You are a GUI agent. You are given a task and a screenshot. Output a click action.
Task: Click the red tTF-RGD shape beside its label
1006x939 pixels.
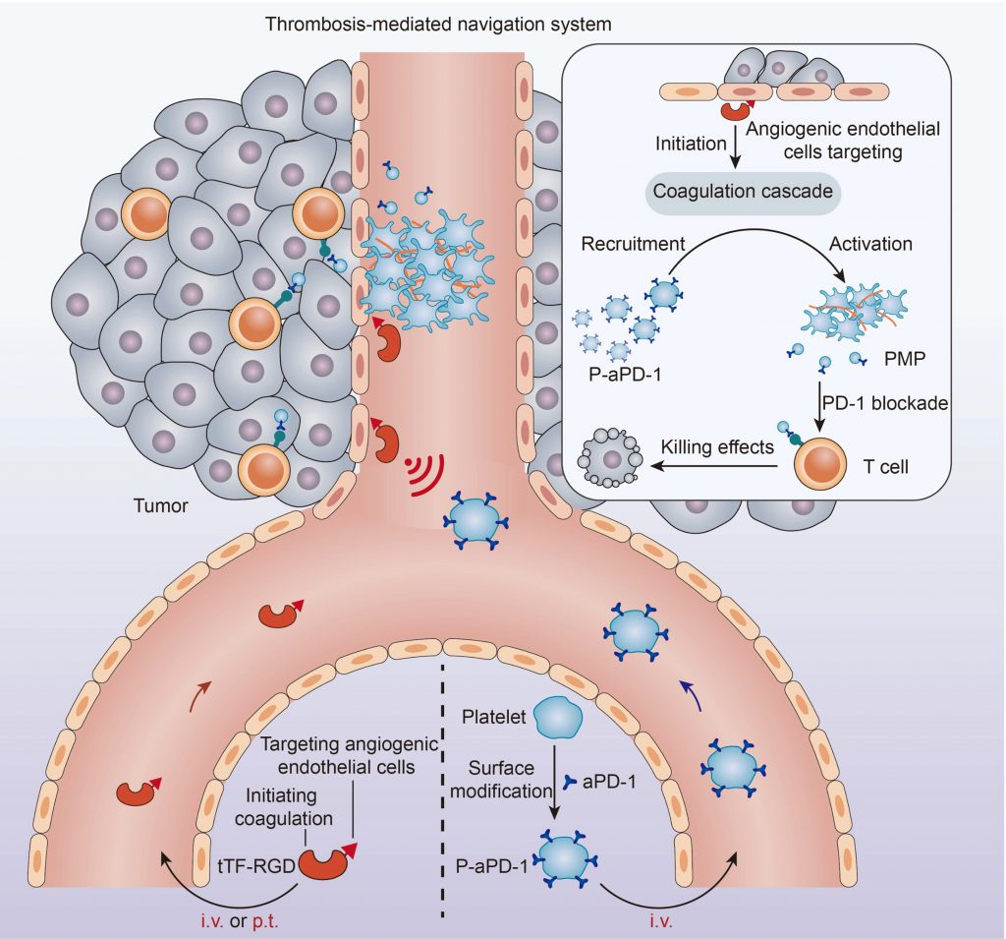(326, 862)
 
